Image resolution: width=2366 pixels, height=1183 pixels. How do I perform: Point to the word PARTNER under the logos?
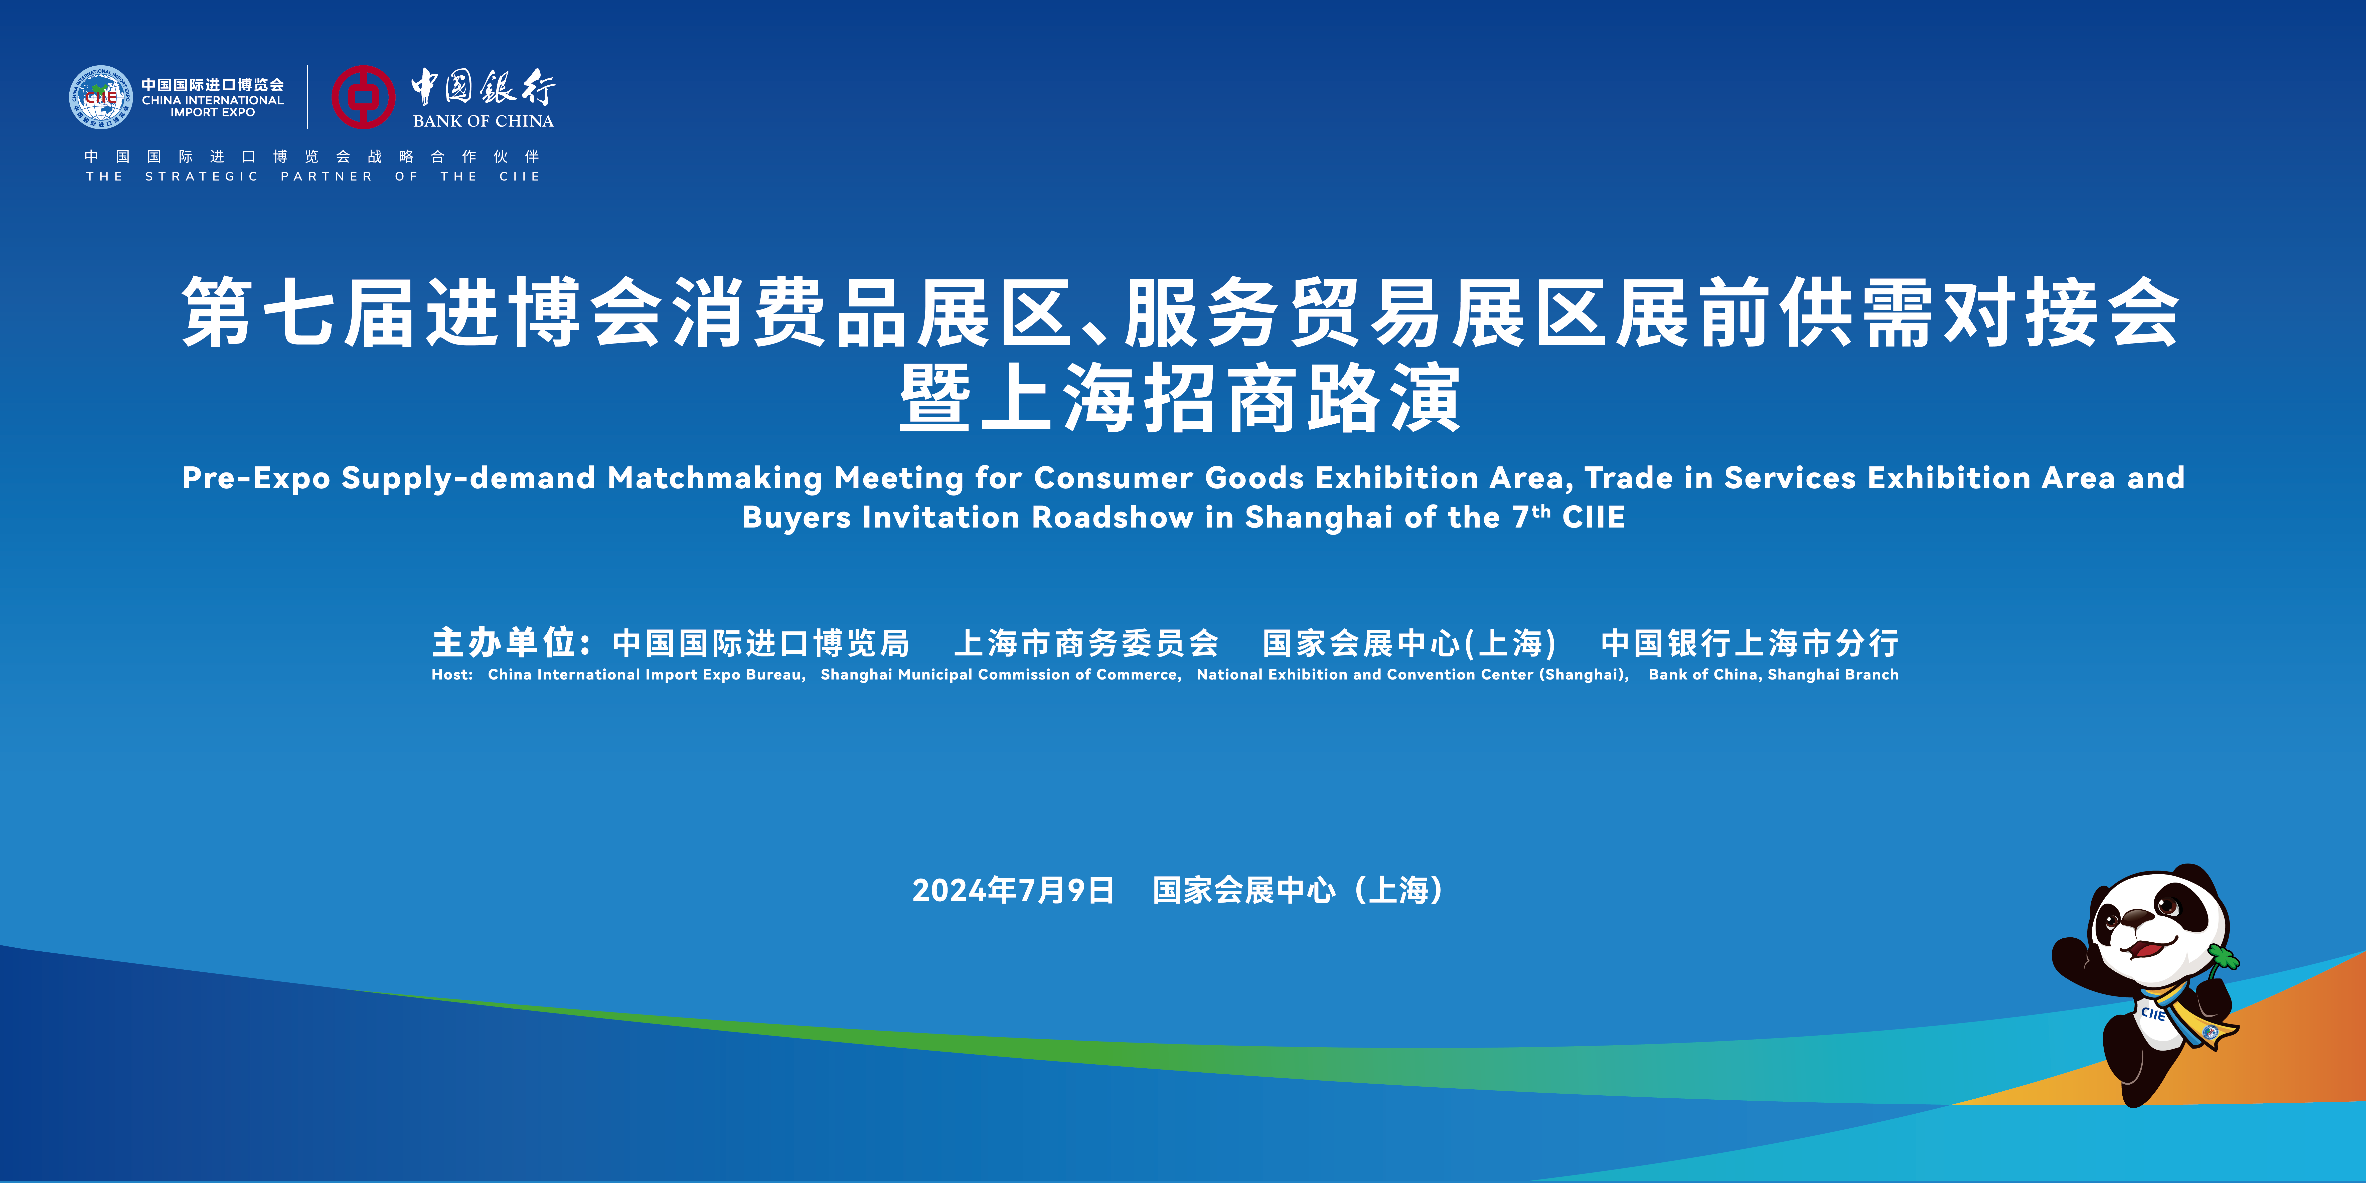pyautogui.click(x=327, y=176)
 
